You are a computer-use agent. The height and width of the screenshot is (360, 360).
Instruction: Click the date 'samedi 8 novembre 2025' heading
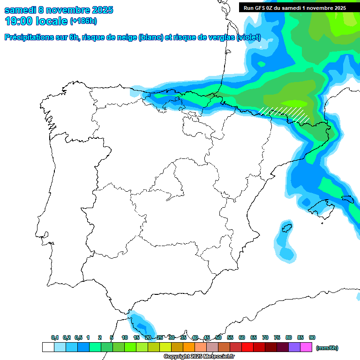[x=59, y=10]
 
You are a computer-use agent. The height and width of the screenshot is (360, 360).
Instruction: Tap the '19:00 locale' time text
[x=36, y=21]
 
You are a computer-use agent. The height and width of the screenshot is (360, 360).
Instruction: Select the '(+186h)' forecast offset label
[x=83, y=21]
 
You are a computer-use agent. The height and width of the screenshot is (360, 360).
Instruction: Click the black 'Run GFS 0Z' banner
[x=294, y=7]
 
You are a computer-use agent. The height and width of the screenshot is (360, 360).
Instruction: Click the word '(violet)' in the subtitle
[x=249, y=37]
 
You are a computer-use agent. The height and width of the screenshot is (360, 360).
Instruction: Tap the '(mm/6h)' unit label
[x=327, y=348]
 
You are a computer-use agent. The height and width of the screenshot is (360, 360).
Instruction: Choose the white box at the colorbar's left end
[x=48, y=347]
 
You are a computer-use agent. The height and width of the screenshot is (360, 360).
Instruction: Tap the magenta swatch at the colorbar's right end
[x=306, y=347]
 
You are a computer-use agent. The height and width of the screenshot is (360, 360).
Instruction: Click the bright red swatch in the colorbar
[x=247, y=347]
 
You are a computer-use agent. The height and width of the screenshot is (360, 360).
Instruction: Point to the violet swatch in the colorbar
[x=294, y=347]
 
